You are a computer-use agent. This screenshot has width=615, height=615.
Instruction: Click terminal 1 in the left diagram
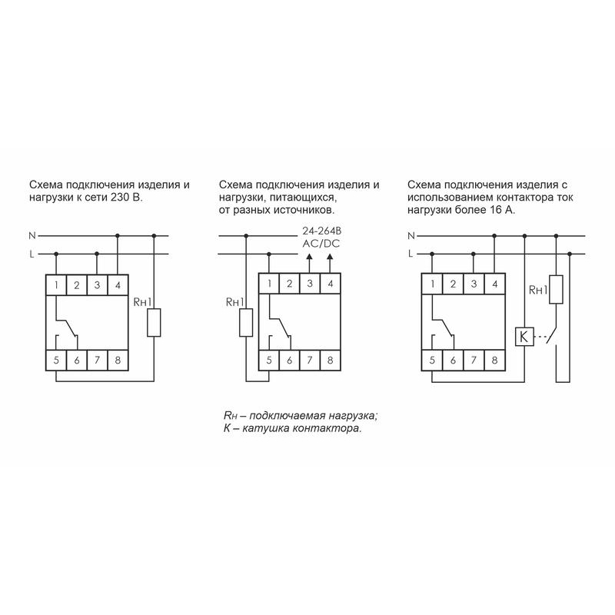click(x=56, y=284)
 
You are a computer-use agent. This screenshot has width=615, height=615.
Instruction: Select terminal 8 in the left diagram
click(x=118, y=360)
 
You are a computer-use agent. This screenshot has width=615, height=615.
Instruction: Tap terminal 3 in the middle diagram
click(x=310, y=283)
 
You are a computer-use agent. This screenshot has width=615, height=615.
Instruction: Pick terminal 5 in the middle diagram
click(x=269, y=360)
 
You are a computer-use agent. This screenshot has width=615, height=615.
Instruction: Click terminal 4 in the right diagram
click(x=494, y=283)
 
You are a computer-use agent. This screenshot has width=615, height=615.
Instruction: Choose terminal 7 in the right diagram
click(x=474, y=360)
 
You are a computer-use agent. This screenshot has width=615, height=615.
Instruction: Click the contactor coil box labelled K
click(x=524, y=336)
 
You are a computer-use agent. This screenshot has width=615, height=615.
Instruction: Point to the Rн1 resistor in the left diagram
click(x=154, y=322)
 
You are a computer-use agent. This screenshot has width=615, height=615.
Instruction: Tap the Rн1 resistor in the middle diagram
click(x=246, y=322)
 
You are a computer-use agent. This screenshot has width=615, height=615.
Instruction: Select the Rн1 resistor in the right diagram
click(x=556, y=290)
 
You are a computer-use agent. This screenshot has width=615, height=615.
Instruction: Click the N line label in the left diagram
click(x=32, y=236)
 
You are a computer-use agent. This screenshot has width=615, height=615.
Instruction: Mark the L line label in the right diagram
click(x=411, y=254)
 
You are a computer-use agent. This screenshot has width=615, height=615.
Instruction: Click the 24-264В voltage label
click(x=321, y=231)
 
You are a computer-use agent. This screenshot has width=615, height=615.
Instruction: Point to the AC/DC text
click(x=321, y=244)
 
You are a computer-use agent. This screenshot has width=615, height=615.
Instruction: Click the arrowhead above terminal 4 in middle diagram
click(x=330, y=257)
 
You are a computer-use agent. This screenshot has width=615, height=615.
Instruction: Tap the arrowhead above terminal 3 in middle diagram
click(x=309, y=257)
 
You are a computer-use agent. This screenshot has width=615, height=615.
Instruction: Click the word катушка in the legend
click(x=266, y=428)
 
